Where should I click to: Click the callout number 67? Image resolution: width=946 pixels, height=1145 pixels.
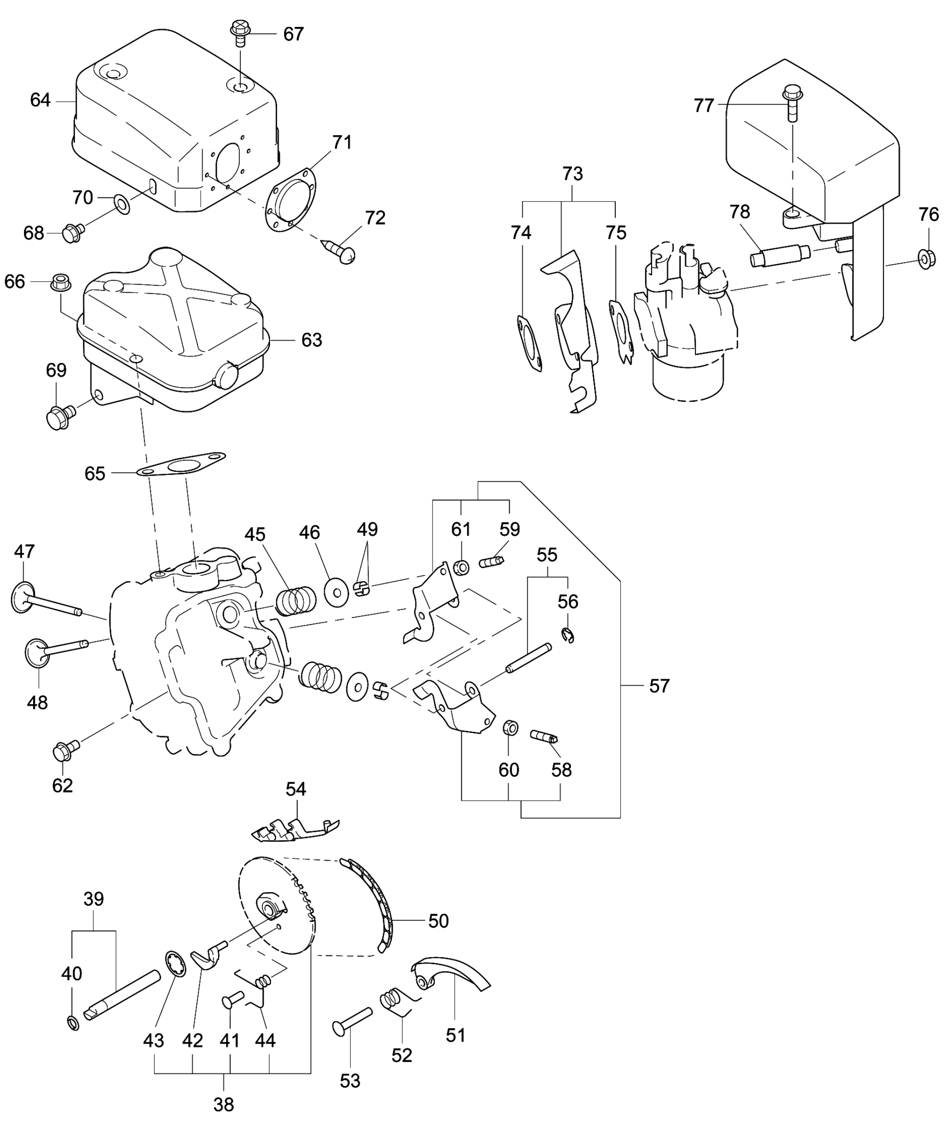pyautogui.click(x=293, y=34)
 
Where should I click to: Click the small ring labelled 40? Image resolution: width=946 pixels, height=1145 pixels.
pyautogui.click(x=73, y=1023)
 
